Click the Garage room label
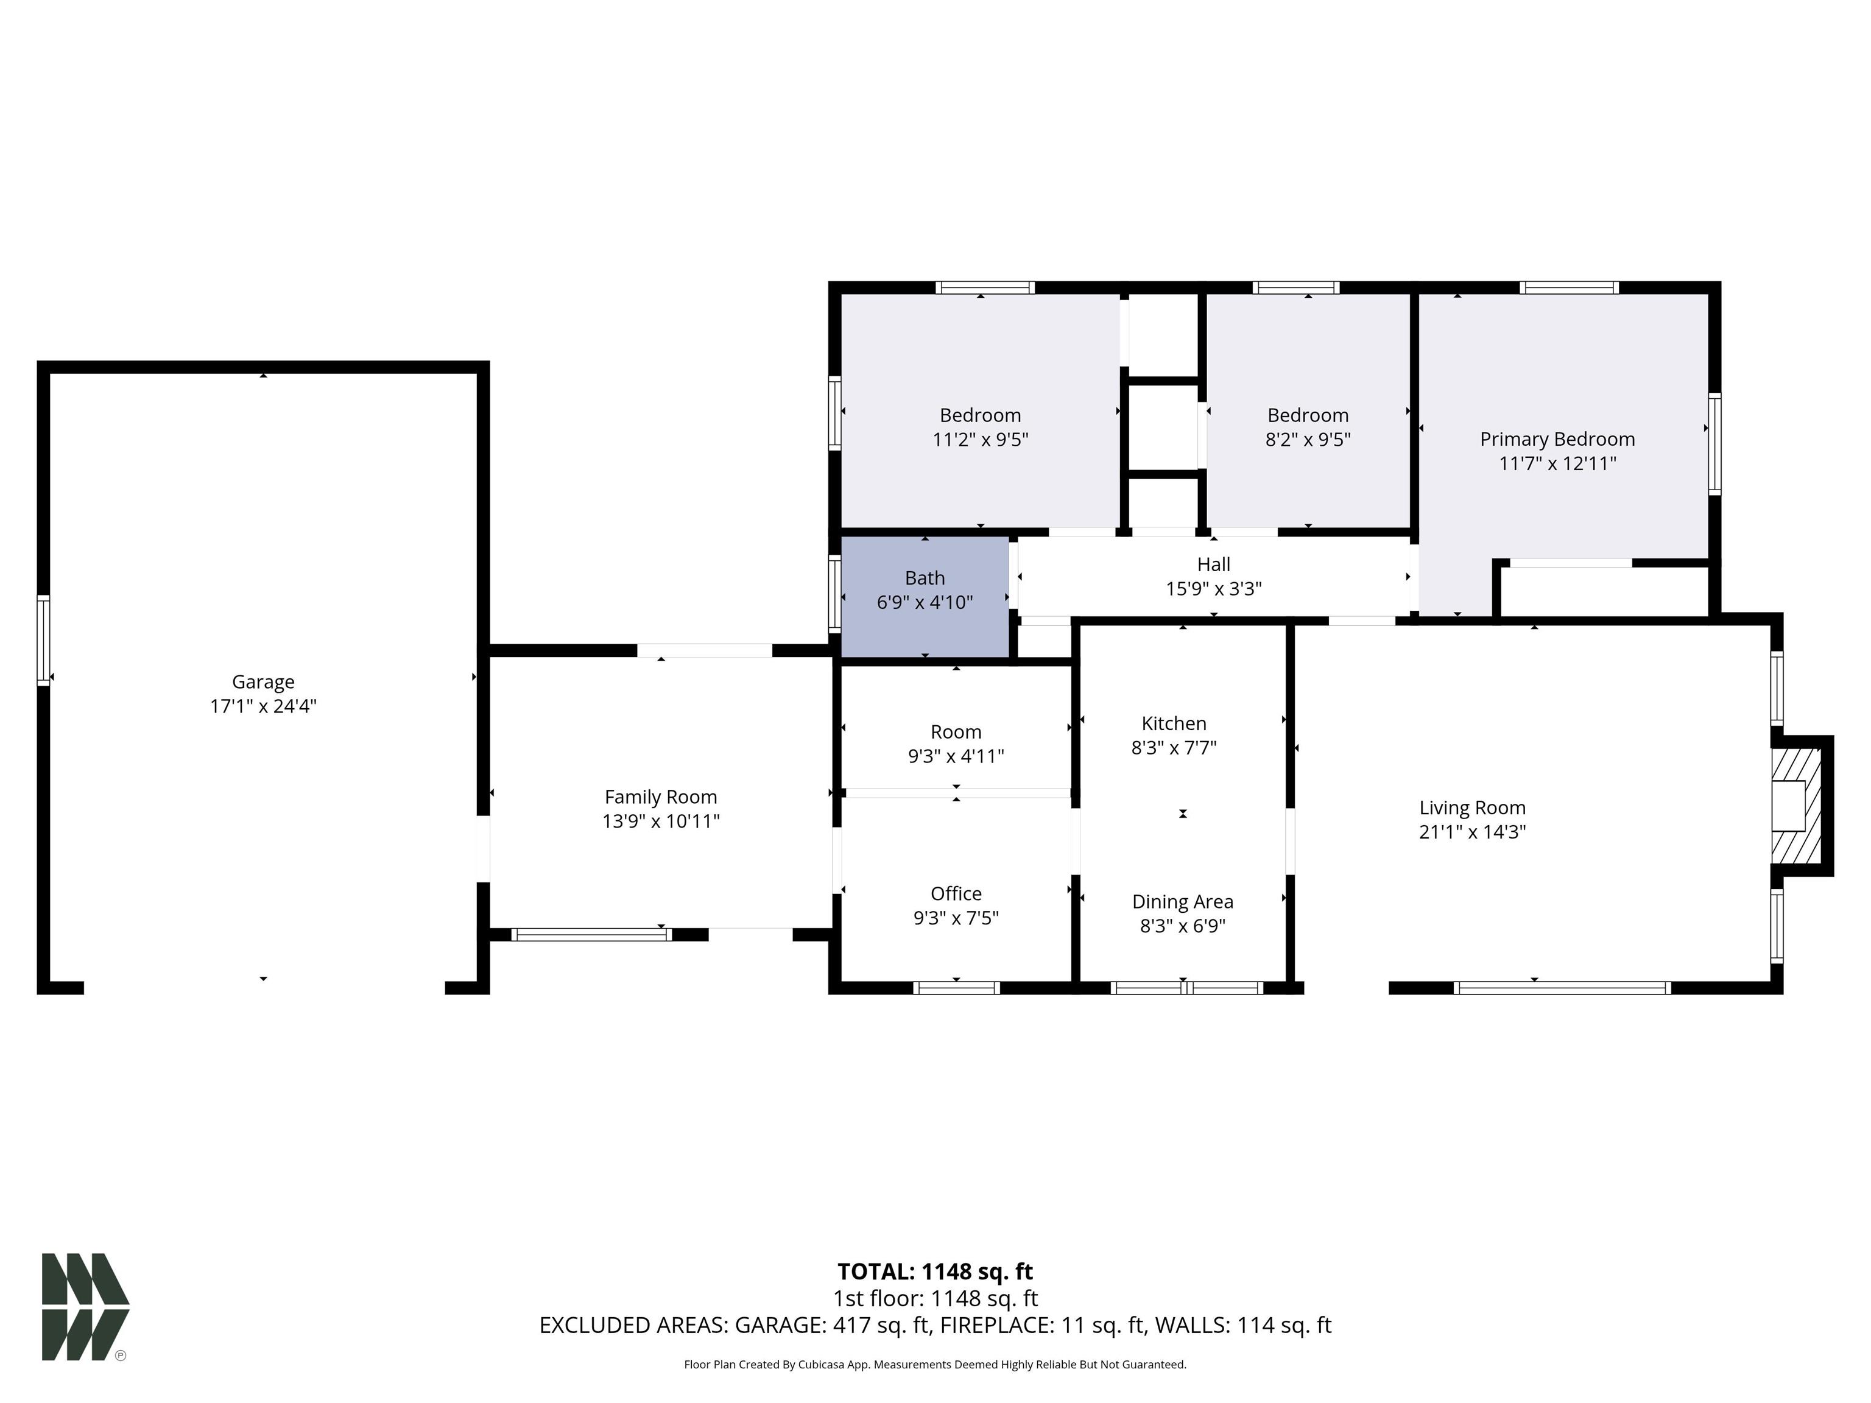(x=263, y=681)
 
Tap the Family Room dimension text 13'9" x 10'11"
(x=661, y=821)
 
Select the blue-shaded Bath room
(x=925, y=597)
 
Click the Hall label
(x=1214, y=564)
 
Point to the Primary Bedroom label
(x=1557, y=439)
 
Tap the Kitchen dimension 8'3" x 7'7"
(x=1174, y=748)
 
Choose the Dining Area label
(x=1183, y=901)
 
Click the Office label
(x=956, y=894)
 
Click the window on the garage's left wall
(x=43, y=640)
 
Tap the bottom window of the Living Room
(x=1562, y=987)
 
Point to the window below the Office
(x=957, y=987)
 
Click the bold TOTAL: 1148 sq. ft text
(x=935, y=1272)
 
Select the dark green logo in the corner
(x=85, y=1307)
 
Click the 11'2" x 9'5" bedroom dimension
(x=981, y=440)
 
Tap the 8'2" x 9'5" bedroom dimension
(x=1308, y=440)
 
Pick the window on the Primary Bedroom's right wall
(x=1714, y=444)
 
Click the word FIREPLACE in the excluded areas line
(x=998, y=1325)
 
